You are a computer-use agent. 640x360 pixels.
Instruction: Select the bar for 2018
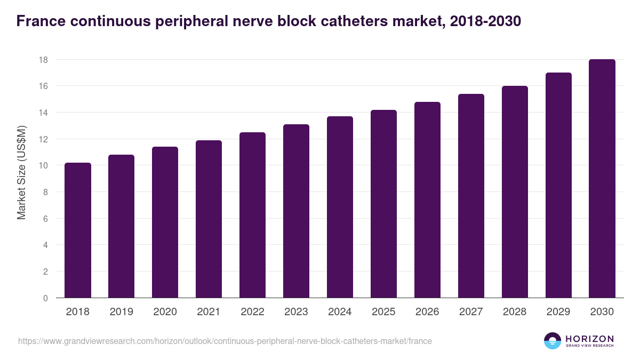click(x=78, y=230)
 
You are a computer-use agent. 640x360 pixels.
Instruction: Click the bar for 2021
click(x=209, y=219)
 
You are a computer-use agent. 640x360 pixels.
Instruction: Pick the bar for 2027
click(x=471, y=196)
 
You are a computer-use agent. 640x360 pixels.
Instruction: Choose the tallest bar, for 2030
click(x=602, y=179)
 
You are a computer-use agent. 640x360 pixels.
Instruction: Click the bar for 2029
click(x=558, y=185)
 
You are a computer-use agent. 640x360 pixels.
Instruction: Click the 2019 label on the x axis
click(x=122, y=312)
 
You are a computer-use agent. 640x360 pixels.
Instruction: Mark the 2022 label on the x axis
click(x=252, y=312)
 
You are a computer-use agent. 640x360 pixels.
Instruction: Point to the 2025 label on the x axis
click(x=384, y=312)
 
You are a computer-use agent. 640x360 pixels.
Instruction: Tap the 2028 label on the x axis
click(x=515, y=312)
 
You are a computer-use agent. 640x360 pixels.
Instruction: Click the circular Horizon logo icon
click(x=553, y=341)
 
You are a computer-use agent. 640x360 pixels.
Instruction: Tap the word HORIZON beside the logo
click(x=589, y=338)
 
